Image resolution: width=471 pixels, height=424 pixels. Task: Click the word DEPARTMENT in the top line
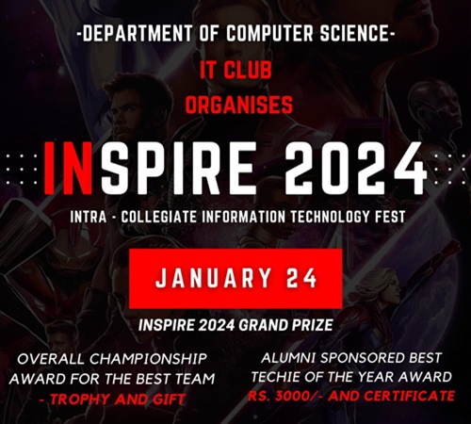point(138,33)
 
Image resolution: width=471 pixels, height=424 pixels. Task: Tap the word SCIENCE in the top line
point(354,33)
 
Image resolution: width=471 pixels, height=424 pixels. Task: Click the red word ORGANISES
point(239,105)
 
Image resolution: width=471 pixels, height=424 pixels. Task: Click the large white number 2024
point(355,168)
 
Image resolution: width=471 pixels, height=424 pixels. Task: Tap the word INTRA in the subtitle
point(89,217)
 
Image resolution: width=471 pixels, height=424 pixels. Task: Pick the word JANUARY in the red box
point(214,278)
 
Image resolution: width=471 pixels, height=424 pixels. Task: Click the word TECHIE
point(275,377)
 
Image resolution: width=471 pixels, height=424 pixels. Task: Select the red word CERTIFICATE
point(409,396)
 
